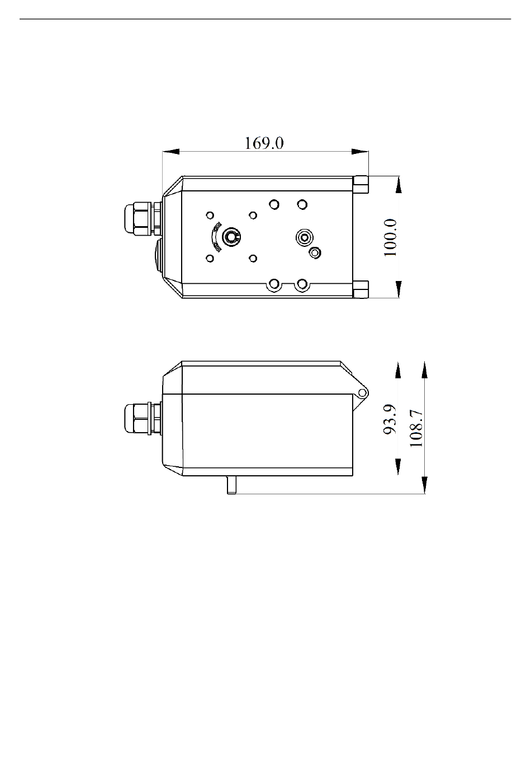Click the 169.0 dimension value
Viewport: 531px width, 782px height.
pyautogui.click(x=264, y=143)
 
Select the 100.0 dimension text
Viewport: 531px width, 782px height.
pyautogui.click(x=391, y=238)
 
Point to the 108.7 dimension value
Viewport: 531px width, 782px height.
pyautogui.click(x=416, y=428)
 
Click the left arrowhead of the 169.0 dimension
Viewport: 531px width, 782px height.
pyautogui.click(x=171, y=152)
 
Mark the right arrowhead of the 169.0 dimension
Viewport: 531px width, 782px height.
pyautogui.click(x=360, y=152)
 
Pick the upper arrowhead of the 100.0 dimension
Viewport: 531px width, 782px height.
pyautogui.click(x=399, y=185)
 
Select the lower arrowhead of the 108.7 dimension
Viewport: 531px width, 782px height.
pyautogui.click(x=425, y=485)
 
